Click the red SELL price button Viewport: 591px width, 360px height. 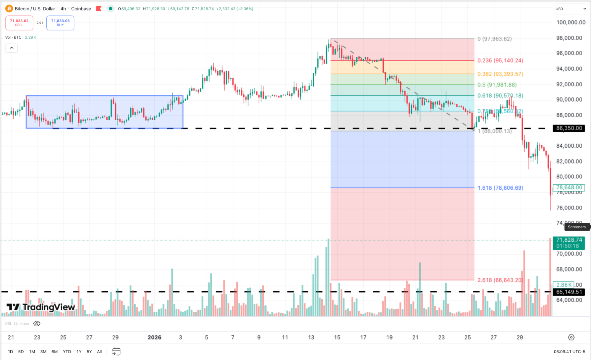coord(19,23)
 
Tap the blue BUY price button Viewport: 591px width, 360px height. coord(60,23)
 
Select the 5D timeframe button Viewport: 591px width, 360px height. coord(21,352)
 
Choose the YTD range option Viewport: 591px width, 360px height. coord(67,352)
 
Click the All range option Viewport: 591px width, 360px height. coord(99,352)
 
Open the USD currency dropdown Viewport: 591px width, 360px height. coord(571,9)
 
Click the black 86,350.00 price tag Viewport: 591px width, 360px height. coord(569,128)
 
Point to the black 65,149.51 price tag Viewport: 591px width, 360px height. coord(569,292)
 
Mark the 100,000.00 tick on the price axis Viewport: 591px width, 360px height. coord(571,22)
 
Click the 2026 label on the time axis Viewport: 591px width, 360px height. coord(154,338)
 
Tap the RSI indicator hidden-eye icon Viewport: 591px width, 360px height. coord(37,324)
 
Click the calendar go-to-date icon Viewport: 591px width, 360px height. coord(116,351)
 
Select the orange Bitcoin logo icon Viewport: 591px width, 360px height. coord(9,9)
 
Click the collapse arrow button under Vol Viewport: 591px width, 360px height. coord(12,48)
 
